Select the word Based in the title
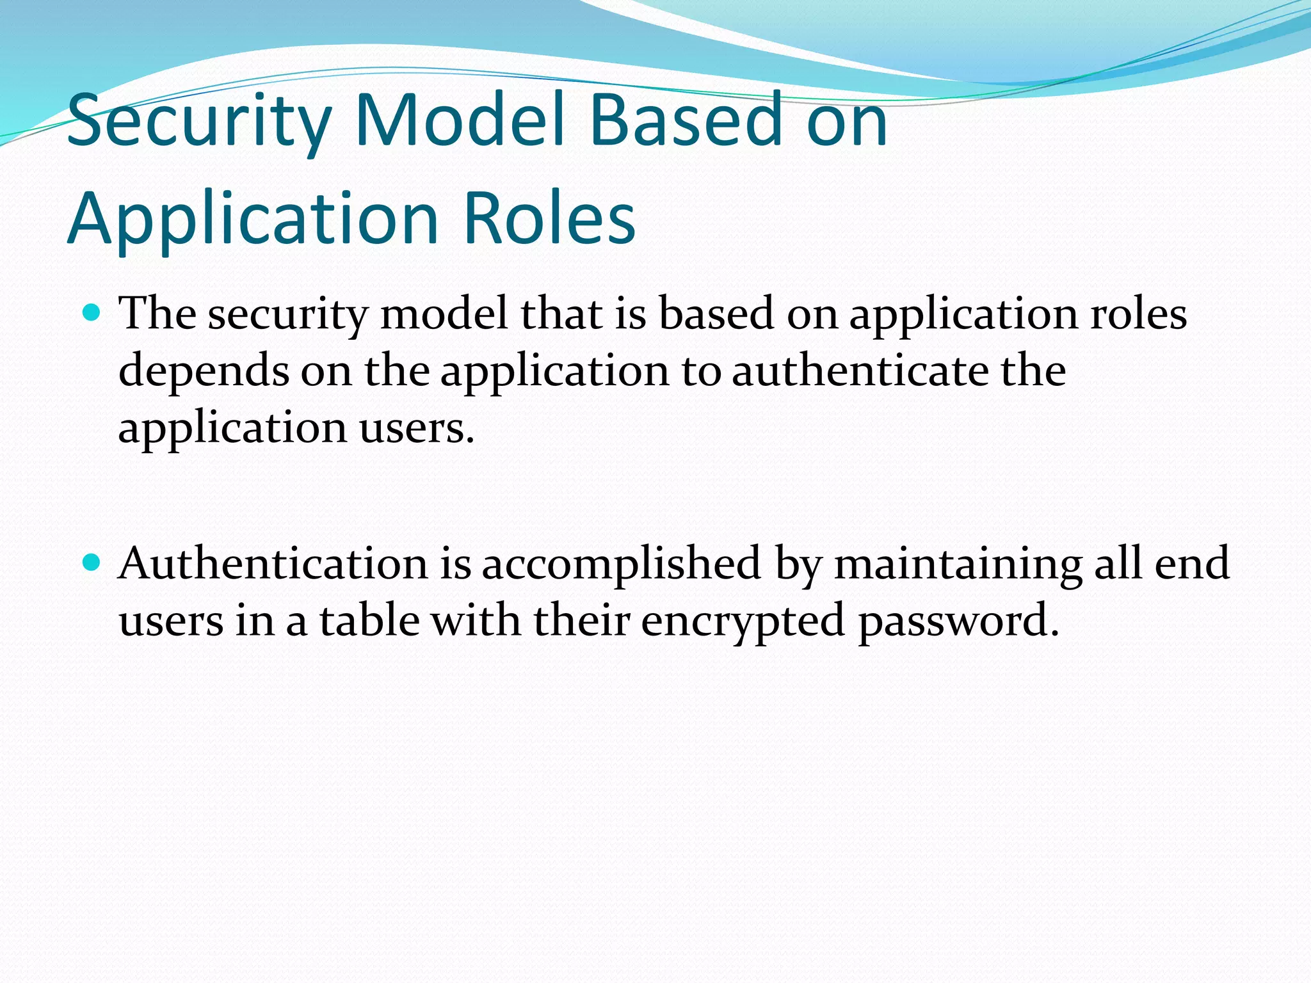(x=685, y=120)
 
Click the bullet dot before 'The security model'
(x=92, y=313)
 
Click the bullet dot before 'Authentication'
(x=92, y=563)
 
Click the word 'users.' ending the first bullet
(x=417, y=428)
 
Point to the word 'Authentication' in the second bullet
(x=273, y=563)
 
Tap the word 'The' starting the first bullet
(x=157, y=314)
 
